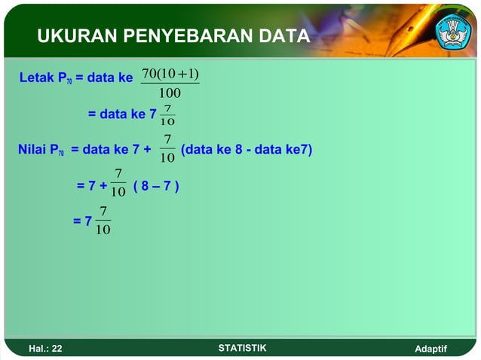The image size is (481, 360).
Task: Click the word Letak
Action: click(x=37, y=77)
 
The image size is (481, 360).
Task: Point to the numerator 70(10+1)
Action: click(x=170, y=73)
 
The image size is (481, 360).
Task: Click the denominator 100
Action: click(x=170, y=93)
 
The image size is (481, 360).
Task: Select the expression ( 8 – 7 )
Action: click(x=156, y=185)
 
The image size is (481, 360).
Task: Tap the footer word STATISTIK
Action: click(x=241, y=348)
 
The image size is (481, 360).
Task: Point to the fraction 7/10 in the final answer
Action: click(x=103, y=221)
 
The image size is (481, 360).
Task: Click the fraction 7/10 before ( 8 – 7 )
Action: click(x=118, y=184)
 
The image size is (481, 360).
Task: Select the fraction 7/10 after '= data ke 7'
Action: click(x=167, y=115)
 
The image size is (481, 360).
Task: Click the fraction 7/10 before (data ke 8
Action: click(x=167, y=148)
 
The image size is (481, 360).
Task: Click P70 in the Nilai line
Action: click(x=57, y=151)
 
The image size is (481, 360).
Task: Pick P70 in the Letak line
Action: click(x=66, y=78)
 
